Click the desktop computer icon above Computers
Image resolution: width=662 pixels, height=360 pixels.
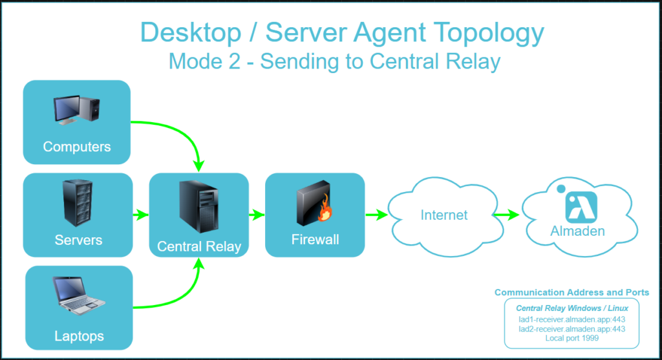click(76, 110)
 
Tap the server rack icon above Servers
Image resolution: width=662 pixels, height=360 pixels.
click(78, 203)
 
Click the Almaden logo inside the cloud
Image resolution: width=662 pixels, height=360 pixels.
click(581, 206)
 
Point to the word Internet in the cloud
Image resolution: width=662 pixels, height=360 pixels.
click(443, 215)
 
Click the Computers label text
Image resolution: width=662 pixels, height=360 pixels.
click(77, 147)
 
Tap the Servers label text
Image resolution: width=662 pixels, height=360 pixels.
click(78, 240)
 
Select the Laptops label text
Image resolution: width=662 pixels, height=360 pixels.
click(79, 337)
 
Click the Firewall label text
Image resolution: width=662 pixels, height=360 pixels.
click(315, 240)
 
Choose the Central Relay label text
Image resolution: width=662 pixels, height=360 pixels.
click(199, 246)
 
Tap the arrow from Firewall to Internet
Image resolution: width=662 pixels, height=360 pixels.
click(375, 215)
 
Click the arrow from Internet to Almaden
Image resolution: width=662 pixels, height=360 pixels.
click(506, 215)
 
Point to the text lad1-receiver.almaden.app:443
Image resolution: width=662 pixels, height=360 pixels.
click(572, 319)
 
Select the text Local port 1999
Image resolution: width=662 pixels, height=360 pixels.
click(572, 338)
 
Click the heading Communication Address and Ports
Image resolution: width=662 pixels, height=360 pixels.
click(571, 293)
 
